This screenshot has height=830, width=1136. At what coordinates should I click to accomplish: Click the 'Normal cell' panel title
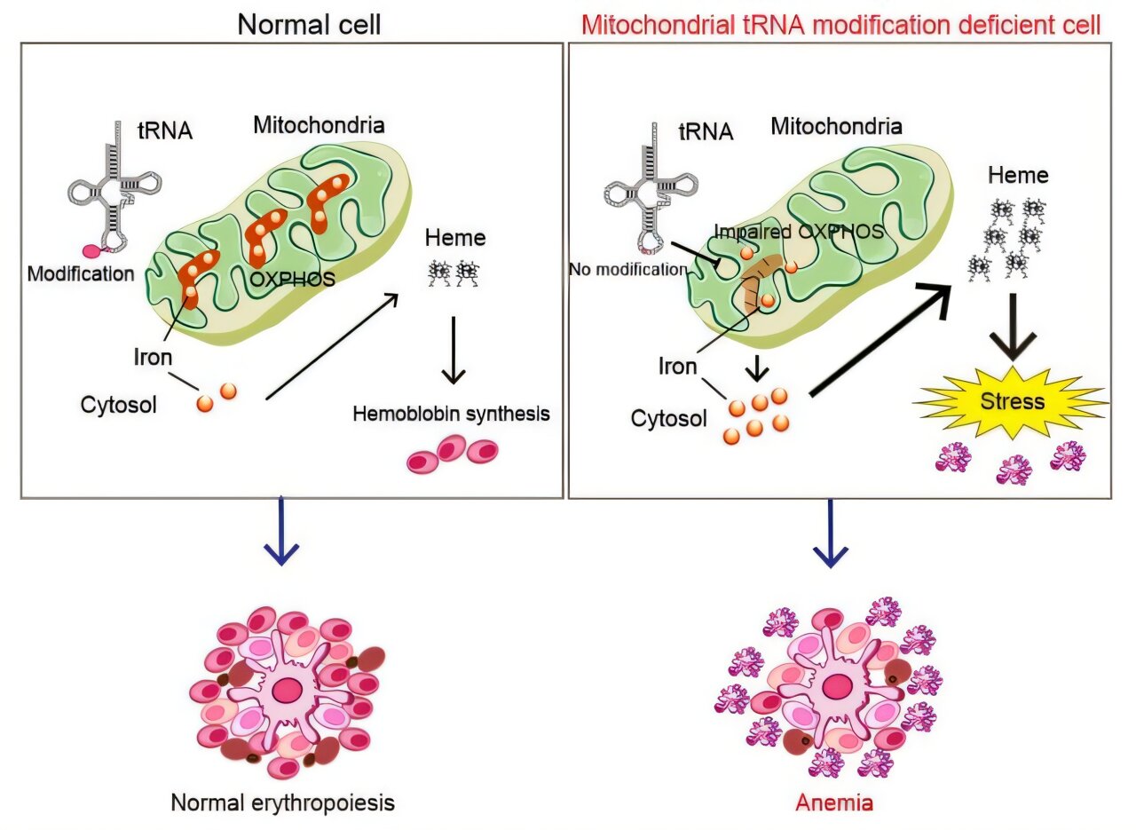pyautogui.click(x=309, y=24)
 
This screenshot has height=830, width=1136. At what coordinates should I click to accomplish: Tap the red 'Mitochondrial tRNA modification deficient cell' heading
pyautogui.click(x=840, y=24)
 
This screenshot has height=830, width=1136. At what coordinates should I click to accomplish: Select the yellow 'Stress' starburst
pyautogui.click(x=1012, y=400)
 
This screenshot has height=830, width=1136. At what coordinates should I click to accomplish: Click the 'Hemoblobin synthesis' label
pyautogui.click(x=451, y=413)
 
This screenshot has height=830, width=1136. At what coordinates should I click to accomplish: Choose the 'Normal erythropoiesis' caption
pyautogui.click(x=282, y=803)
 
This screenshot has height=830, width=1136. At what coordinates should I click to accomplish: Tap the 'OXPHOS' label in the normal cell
pyautogui.click(x=292, y=279)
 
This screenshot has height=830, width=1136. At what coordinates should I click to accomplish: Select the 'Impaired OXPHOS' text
pyautogui.click(x=798, y=232)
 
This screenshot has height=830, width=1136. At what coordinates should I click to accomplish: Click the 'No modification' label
pyautogui.click(x=628, y=268)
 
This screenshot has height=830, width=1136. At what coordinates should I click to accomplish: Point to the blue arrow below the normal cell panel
pyautogui.click(x=282, y=533)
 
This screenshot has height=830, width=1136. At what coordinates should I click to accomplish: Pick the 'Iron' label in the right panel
pyautogui.click(x=677, y=366)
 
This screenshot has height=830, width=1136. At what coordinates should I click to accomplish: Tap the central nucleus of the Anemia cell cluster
pyautogui.click(x=834, y=686)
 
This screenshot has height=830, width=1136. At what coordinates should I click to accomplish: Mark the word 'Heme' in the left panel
pyautogui.click(x=455, y=237)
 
